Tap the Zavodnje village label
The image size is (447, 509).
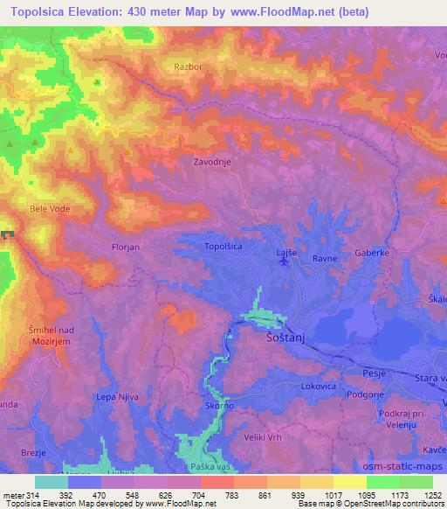click(x=212, y=162)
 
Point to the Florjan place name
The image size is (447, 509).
click(x=126, y=248)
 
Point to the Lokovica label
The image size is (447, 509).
click(x=318, y=383)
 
